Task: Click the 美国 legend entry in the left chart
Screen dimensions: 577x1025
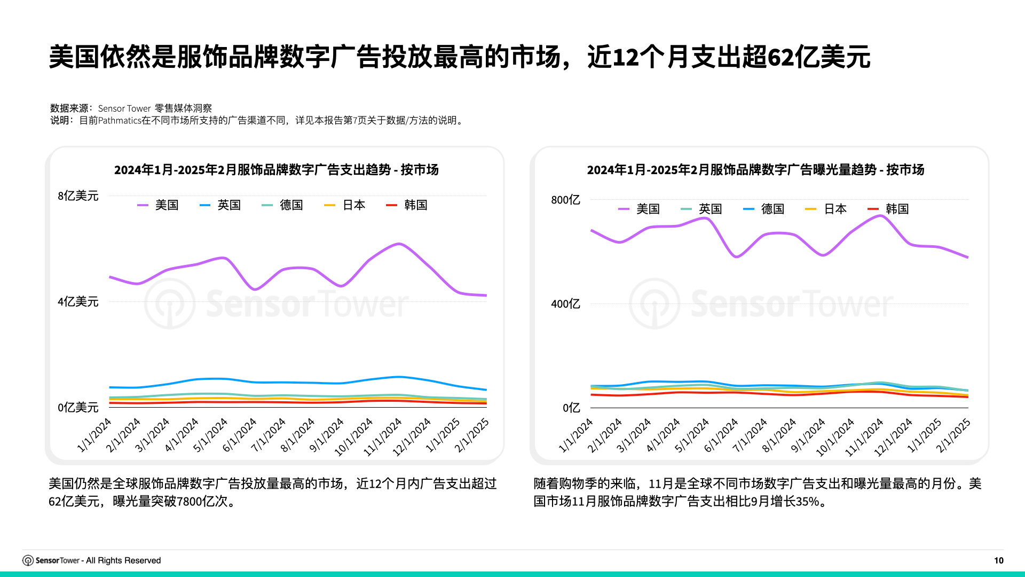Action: coord(159,205)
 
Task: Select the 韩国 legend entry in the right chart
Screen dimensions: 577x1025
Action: coord(889,209)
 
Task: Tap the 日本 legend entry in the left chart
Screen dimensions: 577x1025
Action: coord(345,205)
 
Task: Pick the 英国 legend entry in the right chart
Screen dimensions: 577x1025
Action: coord(703,209)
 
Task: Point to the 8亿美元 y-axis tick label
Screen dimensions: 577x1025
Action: coord(78,196)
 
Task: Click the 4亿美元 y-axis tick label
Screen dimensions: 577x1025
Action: coord(78,302)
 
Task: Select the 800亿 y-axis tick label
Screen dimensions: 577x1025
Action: coord(565,200)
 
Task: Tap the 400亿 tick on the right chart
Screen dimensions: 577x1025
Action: coord(565,304)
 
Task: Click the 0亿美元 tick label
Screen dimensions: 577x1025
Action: coord(78,408)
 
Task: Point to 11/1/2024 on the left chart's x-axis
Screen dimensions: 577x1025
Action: coord(383,437)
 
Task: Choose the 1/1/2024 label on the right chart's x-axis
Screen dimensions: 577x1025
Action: coord(576,435)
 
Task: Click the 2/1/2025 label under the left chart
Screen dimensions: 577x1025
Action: coord(472,435)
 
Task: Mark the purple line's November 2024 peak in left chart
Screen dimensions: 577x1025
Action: coord(399,244)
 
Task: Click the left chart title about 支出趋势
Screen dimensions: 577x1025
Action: coord(276,170)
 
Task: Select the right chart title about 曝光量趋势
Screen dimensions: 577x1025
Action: coord(755,170)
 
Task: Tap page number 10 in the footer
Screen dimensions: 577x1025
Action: coord(998,560)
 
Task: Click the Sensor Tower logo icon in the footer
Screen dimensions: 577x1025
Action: coord(28,560)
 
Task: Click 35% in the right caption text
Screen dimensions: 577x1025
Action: coord(807,502)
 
